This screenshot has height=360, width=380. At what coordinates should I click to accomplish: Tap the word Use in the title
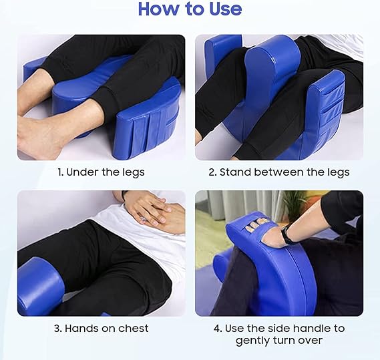click(x=222, y=9)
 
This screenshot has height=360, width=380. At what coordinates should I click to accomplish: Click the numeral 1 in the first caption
click(x=59, y=172)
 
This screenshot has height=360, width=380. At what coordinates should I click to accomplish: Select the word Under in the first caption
click(x=81, y=172)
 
